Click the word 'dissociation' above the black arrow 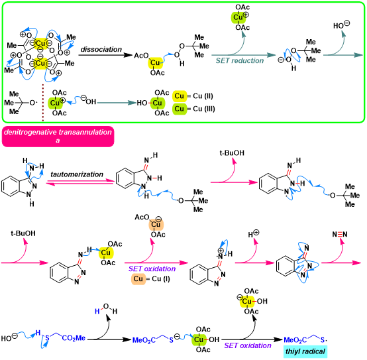101,50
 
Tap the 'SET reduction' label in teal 240,61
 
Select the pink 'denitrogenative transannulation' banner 58,137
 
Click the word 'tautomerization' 77,174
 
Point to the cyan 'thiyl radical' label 305,351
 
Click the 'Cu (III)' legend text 204,109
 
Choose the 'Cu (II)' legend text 203,96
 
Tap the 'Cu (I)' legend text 161,278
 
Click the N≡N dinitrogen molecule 340,234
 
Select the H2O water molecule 106,309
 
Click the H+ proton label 254,234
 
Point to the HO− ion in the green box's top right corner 341,25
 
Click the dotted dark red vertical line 43,102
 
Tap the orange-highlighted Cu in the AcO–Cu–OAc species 156,225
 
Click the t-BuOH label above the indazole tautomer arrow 232,153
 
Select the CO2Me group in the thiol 74,338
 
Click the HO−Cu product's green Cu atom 157,103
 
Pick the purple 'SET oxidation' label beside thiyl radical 248,345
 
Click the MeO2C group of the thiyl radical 295,340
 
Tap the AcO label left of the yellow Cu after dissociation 141,56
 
